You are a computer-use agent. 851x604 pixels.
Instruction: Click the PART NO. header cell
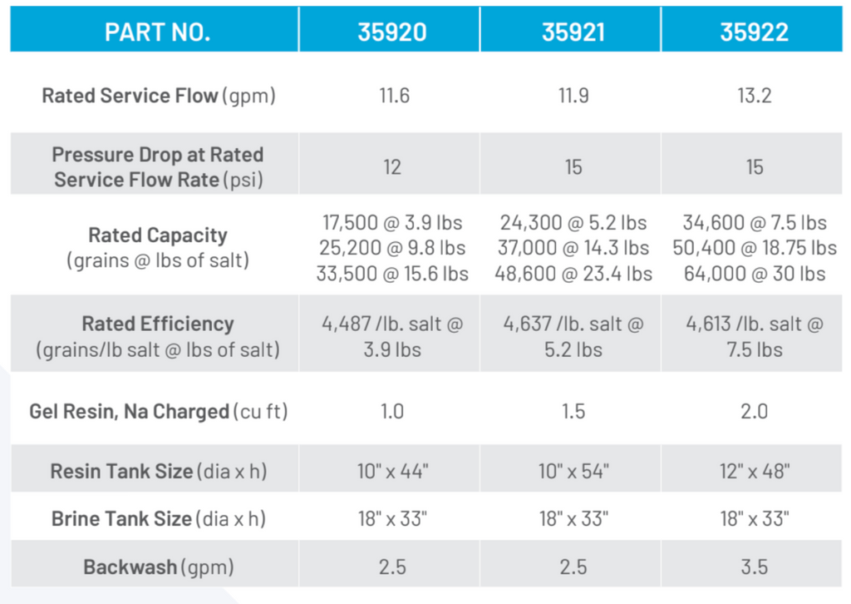click(157, 32)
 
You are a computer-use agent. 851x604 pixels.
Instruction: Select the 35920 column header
click(392, 32)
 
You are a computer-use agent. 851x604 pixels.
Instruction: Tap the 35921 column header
click(573, 32)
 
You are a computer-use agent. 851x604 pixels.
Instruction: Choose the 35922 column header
click(754, 32)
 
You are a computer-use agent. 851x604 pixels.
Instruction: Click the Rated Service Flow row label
click(158, 96)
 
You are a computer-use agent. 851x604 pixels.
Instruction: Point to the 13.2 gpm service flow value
click(754, 96)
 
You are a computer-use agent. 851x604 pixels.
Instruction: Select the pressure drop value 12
click(392, 167)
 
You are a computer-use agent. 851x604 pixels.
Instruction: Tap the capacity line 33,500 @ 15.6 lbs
click(392, 274)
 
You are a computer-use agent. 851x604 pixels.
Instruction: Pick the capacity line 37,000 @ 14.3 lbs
click(573, 248)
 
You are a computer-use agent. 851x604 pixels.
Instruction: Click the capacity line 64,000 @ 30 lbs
click(754, 274)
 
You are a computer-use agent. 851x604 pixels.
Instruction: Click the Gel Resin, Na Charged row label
click(158, 412)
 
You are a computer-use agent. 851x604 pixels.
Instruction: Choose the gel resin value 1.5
click(573, 412)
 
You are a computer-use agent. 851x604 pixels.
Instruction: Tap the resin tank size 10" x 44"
click(392, 472)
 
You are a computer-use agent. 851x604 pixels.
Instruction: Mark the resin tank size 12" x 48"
click(754, 472)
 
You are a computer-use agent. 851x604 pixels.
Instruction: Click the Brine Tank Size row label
click(158, 519)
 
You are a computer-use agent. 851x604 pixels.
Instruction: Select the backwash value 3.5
click(754, 567)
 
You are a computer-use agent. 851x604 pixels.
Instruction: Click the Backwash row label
click(158, 567)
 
